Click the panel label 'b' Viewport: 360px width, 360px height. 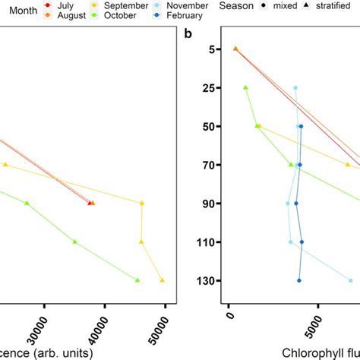(187, 34)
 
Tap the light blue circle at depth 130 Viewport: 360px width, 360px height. (350, 280)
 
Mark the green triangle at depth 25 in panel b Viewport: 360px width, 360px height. (245, 87)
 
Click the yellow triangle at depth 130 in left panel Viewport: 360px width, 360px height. (162, 280)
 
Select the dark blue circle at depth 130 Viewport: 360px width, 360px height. (299, 280)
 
